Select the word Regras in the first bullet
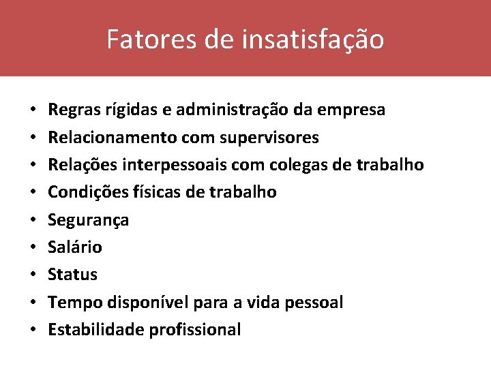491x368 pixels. pyautogui.click(x=72, y=110)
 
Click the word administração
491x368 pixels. pyautogui.click(x=236, y=110)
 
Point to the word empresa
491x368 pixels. pyautogui.click(x=352, y=110)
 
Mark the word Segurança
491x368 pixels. pyautogui.click(x=88, y=220)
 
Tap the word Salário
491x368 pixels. pyautogui.click(x=75, y=247)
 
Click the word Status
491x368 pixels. pyautogui.click(x=72, y=275)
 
